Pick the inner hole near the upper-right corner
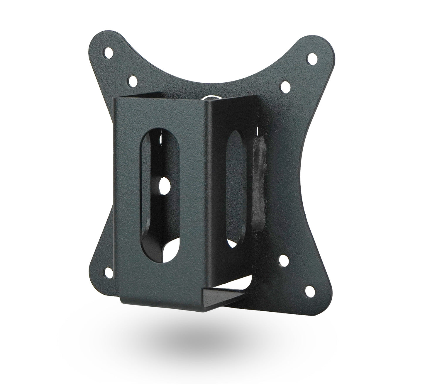[x=285, y=85]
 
